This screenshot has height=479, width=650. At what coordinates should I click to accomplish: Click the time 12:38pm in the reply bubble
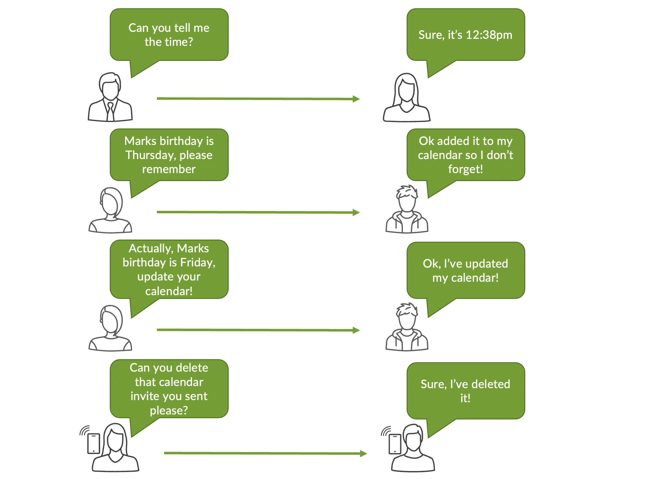(x=489, y=35)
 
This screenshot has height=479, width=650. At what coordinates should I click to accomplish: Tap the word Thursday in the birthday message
(x=148, y=155)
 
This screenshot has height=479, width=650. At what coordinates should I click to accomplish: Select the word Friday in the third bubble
(x=197, y=262)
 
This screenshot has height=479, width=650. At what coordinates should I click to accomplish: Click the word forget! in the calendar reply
(x=465, y=169)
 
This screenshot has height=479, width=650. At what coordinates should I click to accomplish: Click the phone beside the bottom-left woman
(x=94, y=443)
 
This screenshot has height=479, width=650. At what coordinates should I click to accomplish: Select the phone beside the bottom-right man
(x=395, y=444)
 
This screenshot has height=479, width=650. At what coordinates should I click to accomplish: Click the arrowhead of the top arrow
(x=356, y=99)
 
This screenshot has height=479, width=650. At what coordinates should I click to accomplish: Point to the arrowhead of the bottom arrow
(x=363, y=454)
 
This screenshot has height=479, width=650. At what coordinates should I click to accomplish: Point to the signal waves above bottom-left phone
(x=85, y=430)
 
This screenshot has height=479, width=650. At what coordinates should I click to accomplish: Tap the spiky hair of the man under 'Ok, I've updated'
(x=407, y=309)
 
